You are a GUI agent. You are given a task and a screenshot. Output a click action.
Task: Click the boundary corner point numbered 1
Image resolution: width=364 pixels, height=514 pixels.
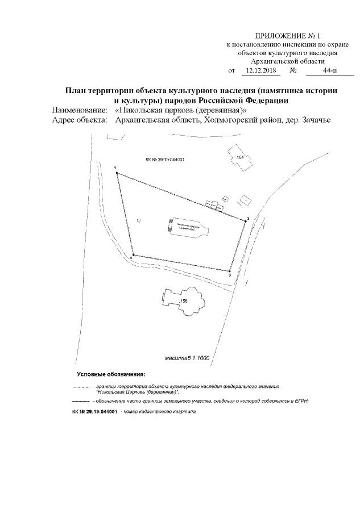coord(117,173)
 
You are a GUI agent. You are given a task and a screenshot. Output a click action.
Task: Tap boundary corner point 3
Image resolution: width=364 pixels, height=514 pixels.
coord(229,271)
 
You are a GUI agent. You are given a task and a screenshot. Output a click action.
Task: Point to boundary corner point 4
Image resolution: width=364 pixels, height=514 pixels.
coord(133,256)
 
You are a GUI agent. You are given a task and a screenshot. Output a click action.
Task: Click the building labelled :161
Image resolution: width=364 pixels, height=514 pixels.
coord(239,157)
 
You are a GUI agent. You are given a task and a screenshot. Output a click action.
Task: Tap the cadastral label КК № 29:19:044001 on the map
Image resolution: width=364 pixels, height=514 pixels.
coord(166,161)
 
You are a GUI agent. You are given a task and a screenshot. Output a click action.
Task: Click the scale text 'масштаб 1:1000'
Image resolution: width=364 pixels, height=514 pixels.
coord(188,358)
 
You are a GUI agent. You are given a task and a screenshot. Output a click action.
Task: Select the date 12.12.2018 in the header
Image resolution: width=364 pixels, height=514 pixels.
coord(259,71)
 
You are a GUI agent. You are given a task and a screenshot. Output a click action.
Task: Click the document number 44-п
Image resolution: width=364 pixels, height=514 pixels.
coord(329,71)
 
